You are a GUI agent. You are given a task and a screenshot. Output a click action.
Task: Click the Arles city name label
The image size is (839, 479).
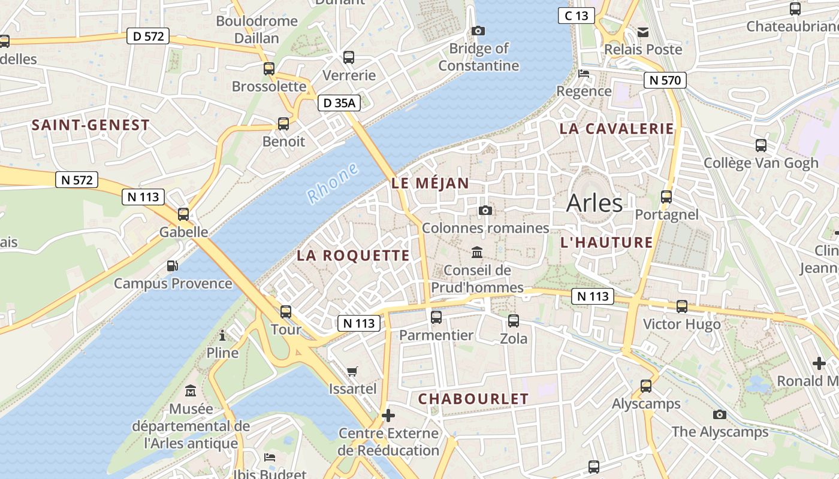(594, 203)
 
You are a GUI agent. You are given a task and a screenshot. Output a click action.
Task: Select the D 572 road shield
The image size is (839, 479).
(148, 36)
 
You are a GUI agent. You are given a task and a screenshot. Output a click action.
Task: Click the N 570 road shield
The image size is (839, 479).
(665, 80)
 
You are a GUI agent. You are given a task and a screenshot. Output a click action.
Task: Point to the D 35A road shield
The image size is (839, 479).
(339, 103)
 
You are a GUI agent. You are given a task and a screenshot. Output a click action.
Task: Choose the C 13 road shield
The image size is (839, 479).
(577, 16)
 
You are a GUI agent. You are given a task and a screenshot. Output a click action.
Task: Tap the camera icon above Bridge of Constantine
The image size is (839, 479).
(478, 31)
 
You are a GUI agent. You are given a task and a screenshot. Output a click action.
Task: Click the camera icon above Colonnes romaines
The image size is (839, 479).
(485, 210)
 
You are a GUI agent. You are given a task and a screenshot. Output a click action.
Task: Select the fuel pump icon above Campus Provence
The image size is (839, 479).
(173, 265)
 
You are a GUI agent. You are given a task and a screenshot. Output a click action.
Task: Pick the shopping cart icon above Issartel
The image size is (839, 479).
(352, 371)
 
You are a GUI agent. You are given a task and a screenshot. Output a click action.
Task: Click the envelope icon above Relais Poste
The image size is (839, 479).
(643, 32)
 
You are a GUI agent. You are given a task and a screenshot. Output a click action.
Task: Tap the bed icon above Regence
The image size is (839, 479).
(584, 74)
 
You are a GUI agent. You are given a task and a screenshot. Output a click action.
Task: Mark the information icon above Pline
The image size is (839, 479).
(222, 335)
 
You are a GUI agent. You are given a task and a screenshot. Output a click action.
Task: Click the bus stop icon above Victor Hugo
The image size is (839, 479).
(681, 307)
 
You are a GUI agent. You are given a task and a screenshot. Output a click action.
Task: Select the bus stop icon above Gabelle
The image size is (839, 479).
(183, 214)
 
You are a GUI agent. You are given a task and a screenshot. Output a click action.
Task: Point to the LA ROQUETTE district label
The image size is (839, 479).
(354, 256)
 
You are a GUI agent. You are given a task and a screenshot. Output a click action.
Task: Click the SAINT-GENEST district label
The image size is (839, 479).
(90, 125)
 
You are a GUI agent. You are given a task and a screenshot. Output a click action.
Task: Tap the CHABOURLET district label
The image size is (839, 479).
(473, 399)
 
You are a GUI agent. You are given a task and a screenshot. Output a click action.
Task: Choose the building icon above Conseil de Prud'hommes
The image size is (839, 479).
(477, 252)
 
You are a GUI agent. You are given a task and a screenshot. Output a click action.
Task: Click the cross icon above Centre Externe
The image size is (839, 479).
(388, 415)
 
